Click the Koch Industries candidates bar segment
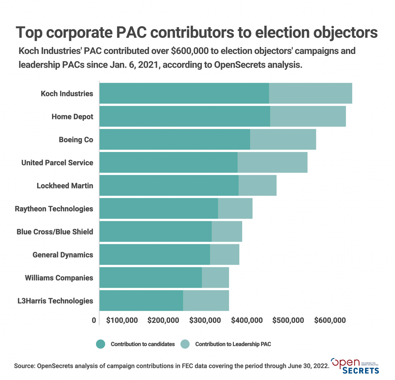coord(184,93)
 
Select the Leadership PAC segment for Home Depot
coord(308,116)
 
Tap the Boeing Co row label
coord(76,140)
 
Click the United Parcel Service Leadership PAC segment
coord(272,162)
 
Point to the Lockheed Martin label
coord(65,186)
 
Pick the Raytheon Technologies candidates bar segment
coord(158,208)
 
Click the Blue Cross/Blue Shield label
coord(55,232)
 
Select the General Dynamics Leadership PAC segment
coord(225,255)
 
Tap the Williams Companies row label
coord(59,278)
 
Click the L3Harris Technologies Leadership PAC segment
coord(206,301)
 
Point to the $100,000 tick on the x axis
coord(122,320)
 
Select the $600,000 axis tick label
coord(330,320)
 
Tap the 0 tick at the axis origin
coord(94,320)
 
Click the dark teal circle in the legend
coord(100,344)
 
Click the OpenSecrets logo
coord(355,365)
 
